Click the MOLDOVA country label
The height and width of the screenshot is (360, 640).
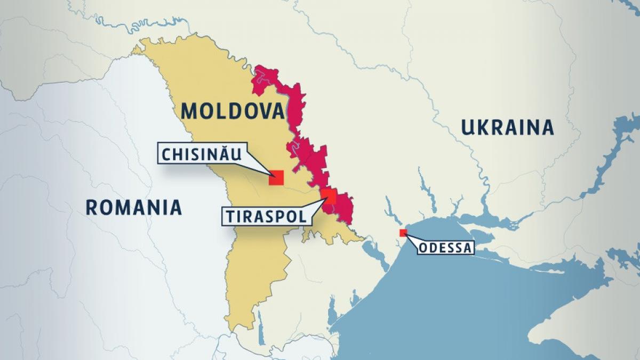[233, 111]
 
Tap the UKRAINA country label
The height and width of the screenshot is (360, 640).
[507, 128]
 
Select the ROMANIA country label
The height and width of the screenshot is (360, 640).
[134, 207]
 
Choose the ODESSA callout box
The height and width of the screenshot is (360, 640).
[445, 247]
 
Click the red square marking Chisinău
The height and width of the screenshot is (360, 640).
[276, 178]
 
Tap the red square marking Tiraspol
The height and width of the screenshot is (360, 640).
[329, 196]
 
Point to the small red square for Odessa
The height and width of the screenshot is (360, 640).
[403, 233]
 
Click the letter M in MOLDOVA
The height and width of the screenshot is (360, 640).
[189, 111]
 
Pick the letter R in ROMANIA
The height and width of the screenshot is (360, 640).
[92, 207]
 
